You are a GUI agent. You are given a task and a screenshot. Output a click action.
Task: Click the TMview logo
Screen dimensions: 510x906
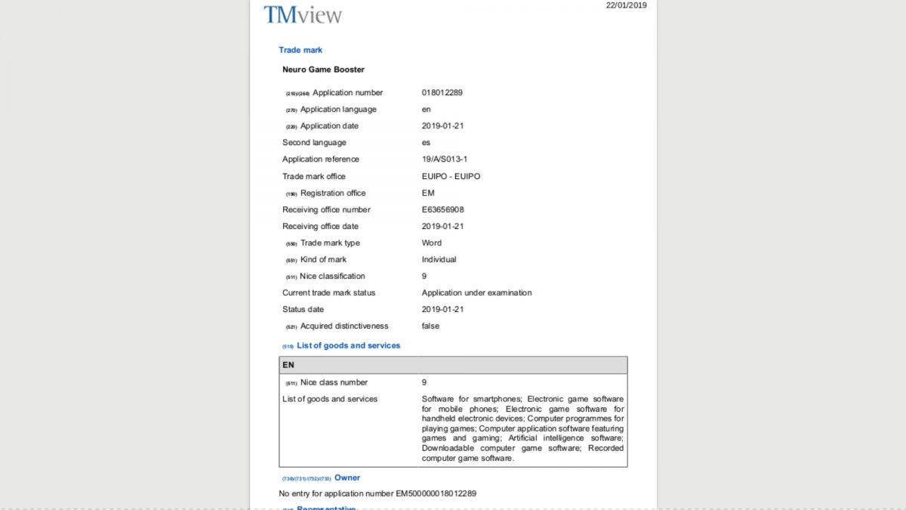[303, 14]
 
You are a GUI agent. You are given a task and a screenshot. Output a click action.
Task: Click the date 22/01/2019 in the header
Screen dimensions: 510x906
[626, 5]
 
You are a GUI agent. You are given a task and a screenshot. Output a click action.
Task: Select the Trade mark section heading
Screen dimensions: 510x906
[300, 50]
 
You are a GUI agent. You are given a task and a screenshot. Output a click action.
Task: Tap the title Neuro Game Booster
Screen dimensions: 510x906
[323, 70]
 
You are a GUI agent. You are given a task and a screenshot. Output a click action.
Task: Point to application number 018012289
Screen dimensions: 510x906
[442, 93]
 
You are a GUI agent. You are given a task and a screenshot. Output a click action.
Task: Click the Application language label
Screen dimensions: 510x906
[338, 110]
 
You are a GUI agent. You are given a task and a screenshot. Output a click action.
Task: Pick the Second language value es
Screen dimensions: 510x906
[427, 143]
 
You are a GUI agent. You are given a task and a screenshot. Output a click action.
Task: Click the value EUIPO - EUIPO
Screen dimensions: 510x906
[451, 176]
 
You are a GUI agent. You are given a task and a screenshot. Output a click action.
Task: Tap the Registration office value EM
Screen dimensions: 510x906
[428, 193]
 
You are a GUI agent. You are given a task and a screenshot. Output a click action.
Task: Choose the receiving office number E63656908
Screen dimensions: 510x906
[442, 209]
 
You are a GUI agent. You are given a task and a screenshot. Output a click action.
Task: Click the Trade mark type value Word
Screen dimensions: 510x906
[432, 243]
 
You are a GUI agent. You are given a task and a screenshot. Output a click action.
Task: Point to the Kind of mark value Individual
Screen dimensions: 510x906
[439, 259]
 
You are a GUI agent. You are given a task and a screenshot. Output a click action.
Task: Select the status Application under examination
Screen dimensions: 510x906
[476, 292]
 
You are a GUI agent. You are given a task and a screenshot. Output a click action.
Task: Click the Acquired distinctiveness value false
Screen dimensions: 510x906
[430, 326]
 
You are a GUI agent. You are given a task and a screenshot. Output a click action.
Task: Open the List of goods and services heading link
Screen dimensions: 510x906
[348, 345]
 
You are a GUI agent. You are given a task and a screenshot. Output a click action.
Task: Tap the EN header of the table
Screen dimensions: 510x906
[288, 365]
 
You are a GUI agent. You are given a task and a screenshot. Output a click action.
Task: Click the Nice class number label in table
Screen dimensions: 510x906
[334, 382]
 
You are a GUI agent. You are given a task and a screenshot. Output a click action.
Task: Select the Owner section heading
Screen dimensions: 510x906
[347, 478]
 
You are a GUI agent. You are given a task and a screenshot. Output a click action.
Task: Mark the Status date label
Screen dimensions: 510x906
[303, 309]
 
